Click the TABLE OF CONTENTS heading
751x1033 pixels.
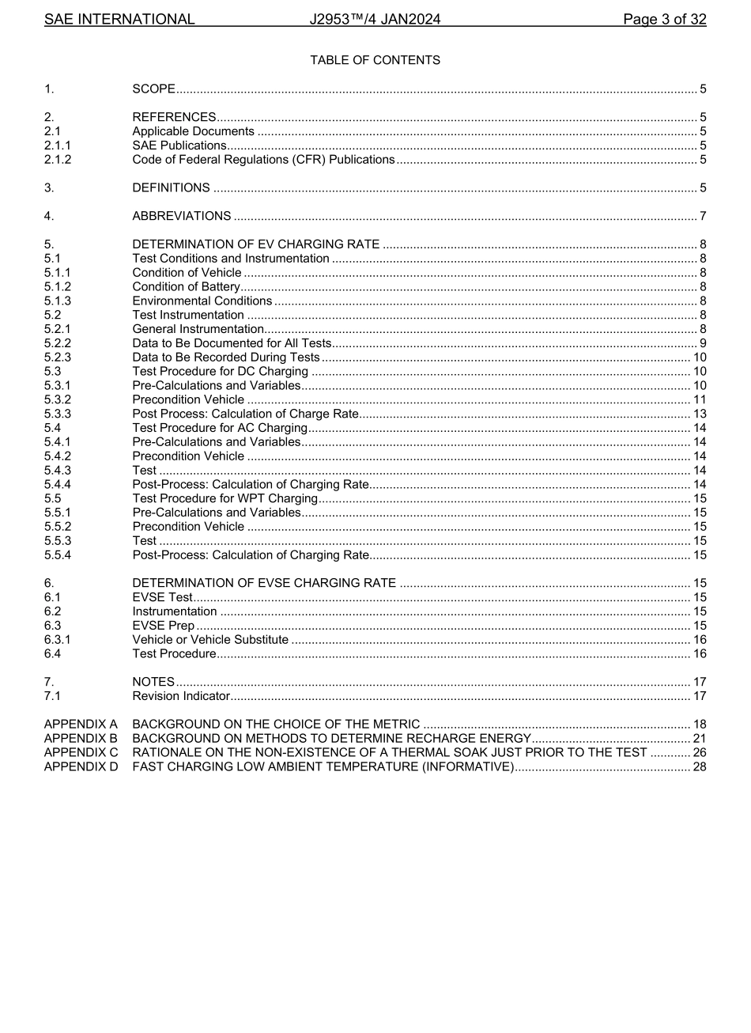coord(375,60)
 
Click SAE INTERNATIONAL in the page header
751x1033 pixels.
coord(119,19)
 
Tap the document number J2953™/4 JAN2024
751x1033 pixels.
coord(375,19)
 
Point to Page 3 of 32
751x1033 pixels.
coord(664,19)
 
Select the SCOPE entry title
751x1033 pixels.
coord(153,89)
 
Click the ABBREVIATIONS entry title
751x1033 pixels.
coord(182,216)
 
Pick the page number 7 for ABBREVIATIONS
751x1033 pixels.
coord(703,216)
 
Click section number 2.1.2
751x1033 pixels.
coord(58,160)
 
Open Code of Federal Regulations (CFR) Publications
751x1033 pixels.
coord(263,160)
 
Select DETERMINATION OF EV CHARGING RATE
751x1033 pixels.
coord(256,244)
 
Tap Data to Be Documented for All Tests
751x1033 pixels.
coord(232,343)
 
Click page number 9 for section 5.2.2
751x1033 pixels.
coord(703,343)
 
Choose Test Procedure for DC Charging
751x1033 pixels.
coord(221,372)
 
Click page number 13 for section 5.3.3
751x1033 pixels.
coord(700,414)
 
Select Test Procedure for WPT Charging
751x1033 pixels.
coord(225,498)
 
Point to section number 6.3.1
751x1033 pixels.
coord(58,640)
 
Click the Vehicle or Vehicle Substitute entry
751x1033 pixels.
coord(210,640)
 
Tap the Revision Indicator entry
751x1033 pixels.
coord(181,696)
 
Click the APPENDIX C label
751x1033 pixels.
coord(81,753)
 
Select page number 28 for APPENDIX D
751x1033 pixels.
coord(700,766)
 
